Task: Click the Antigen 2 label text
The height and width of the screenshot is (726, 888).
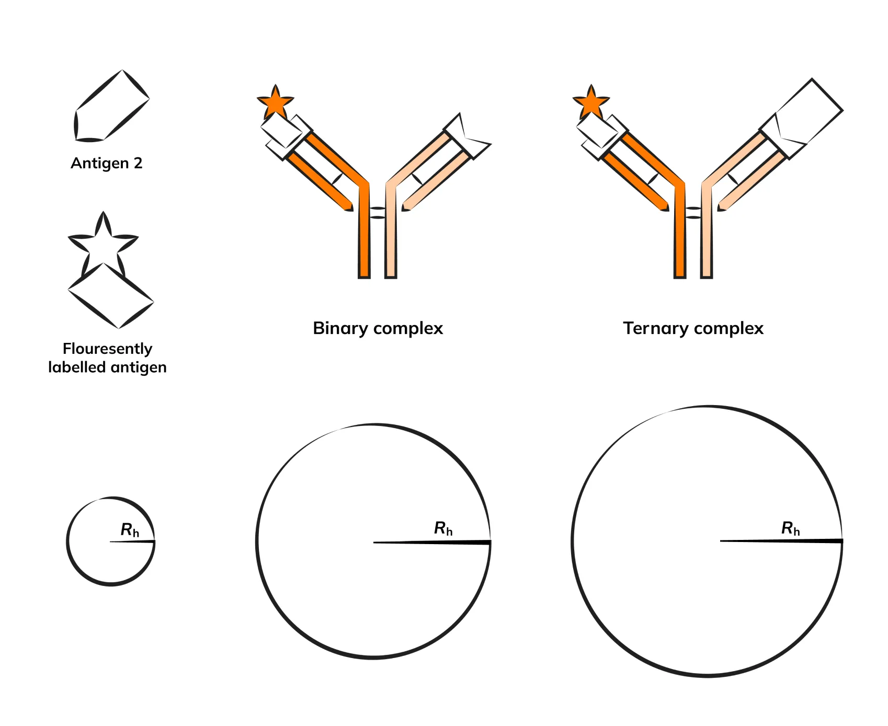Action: (x=107, y=163)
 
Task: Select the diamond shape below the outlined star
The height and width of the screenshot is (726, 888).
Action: (x=111, y=296)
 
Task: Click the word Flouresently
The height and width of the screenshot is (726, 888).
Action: (x=107, y=349)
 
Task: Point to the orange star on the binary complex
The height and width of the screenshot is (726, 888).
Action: (x=275, y=102)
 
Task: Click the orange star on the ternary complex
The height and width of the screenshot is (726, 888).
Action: (x=591, y=102)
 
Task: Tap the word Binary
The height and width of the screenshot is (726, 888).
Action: (x=340, y=328)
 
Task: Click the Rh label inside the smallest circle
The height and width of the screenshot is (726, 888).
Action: (x=130, y=530)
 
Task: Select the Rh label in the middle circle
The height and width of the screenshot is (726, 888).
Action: (x=443, y=528)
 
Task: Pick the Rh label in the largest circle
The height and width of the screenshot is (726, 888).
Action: (x=790, y=528)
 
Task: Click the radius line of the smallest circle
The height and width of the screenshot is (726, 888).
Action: (x=133, y=541)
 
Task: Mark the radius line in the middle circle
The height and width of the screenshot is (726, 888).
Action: (x=434, y=543)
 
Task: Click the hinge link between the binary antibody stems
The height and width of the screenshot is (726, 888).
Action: (x=377, y=212)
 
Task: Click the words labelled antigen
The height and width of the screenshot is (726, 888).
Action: (x=107, y=367)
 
